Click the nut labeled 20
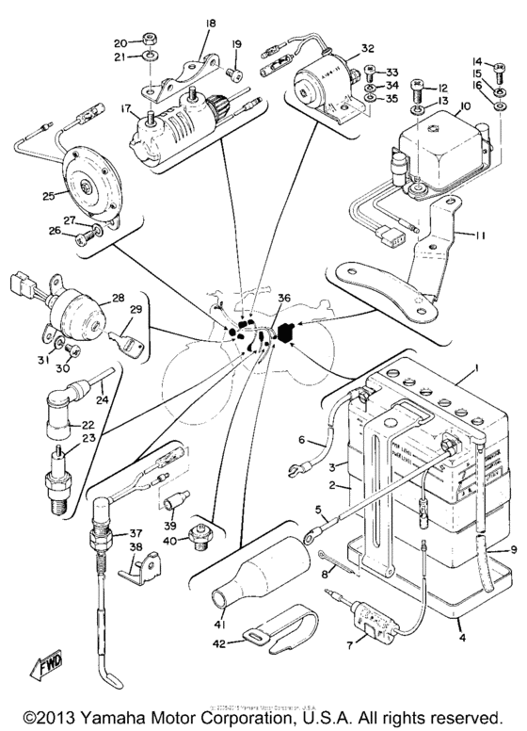tap(147, 42)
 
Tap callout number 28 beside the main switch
tap(119, 299)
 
